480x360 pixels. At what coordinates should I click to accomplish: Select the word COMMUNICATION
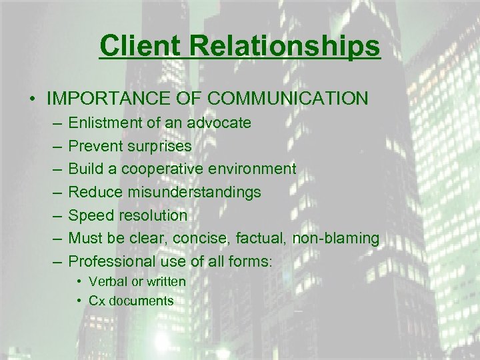288,99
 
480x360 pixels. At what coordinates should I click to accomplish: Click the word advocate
219,123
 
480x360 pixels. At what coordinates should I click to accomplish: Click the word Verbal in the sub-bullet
105,281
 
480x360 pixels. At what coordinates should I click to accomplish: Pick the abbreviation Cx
97,301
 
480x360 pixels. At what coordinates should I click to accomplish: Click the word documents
141,301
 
